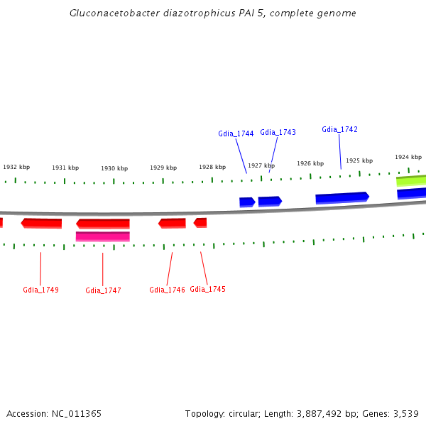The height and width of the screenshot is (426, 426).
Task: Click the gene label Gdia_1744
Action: (236, 133)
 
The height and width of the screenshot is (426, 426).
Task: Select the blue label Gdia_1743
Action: (278, 132)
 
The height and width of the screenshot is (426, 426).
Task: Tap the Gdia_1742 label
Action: (339, 129)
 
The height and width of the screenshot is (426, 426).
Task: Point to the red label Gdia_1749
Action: (40, 290)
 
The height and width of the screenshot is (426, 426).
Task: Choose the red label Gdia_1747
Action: (103, 290)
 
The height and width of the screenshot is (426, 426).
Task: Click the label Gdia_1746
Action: (167, 290)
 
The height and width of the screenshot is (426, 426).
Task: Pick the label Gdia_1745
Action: (207, 289)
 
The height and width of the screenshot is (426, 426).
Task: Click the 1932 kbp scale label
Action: (16, 167)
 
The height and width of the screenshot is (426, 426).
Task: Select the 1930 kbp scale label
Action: (114, 168)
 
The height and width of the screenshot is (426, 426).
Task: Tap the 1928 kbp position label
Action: (212, 167)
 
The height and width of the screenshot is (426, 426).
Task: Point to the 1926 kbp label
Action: (310, 163)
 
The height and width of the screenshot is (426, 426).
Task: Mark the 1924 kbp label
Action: (408, 157)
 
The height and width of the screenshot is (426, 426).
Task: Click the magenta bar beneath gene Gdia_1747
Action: (102, 236)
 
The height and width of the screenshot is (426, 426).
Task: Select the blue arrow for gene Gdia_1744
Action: (247, 202)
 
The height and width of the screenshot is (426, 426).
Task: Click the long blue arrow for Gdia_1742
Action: (342, 197)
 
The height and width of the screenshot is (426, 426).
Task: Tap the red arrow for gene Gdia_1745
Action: (200, 223)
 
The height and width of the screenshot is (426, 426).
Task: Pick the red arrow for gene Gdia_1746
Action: (172, 224)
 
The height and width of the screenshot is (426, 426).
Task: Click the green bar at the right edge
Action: (411, 181)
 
